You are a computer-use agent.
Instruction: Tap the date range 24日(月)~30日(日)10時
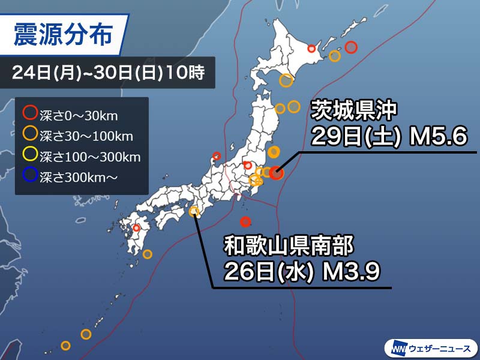click(109, 74)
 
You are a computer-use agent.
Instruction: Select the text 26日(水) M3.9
click(301, 272)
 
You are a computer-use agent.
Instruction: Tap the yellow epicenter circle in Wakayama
click(194, 211)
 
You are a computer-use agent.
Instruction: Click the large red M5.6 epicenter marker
click(275, 173)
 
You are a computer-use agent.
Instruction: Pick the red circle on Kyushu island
click(136, 228)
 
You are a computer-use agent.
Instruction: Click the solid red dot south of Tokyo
click(245, 221)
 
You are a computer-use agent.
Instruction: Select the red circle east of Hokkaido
click(352, 46)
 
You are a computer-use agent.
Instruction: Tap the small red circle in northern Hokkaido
click(311, 49)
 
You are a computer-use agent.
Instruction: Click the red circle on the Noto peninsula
click(217, 157)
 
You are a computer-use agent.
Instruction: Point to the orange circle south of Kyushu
click(148, 254)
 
